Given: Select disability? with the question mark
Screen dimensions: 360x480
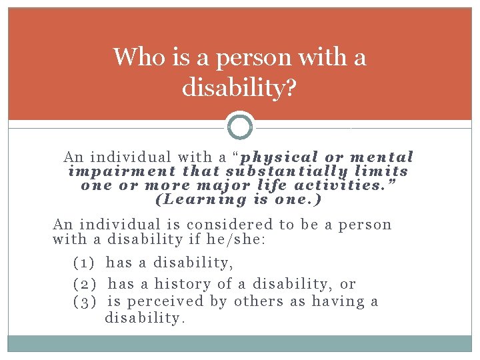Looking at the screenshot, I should pyautogui.click(x=239, y=88).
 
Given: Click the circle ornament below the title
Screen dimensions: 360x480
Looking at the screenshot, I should pyautogui.click(x=240, y=125).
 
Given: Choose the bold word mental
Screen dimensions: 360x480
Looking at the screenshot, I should pyautogui.click(x=382, y=158).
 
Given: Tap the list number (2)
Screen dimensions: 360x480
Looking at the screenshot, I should pyautogui.click(x=85, y=284).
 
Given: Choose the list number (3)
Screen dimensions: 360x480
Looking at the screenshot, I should pyautogui.click(x=84, y=301).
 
